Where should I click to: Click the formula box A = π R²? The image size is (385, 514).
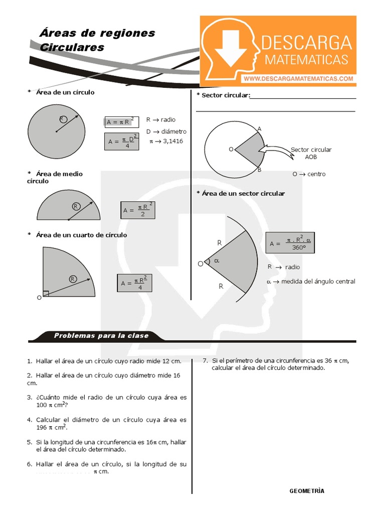click(x=118, y=122)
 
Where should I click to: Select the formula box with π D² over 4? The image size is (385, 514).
click(x=122, y=142)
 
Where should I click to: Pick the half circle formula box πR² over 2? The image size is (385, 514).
click(x=137, y=210)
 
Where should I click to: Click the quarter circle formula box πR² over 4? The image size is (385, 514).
click(x=134, y=283)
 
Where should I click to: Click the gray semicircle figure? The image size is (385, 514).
click(x=69, y=206)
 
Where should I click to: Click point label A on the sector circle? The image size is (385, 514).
click(x=259, y=129)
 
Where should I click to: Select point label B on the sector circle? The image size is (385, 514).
click(x=259, y=170)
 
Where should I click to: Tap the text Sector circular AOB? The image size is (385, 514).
click(x=311, y=153)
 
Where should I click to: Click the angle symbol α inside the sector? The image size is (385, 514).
click(x=217, y=261)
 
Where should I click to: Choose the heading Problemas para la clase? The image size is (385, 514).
click(x=101, y=336)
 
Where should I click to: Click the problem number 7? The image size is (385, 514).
click(x=205, y=360)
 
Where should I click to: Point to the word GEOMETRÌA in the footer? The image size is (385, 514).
click(x=307, y=491)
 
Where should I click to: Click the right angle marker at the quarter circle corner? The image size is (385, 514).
click(x=46, y=294)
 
